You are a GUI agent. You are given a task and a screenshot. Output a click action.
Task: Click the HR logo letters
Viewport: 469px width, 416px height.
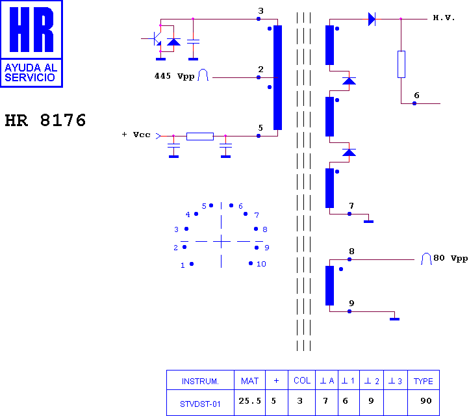(x=31, y=29)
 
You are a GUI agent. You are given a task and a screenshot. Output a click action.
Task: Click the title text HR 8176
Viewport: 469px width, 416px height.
(x=45, y=120)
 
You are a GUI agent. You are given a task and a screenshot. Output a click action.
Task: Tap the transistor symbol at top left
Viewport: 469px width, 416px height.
(x=156, y=38)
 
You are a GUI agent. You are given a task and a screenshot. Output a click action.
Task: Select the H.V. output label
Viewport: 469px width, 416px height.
(x=444, y=18)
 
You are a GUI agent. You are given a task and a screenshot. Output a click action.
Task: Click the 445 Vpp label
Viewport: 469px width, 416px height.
(x=174, y=76)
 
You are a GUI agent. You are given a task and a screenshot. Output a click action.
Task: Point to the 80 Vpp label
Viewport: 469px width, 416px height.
(x=450, y=258)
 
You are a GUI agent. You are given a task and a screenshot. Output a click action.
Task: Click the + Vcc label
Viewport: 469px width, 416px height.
(x=136, y=135)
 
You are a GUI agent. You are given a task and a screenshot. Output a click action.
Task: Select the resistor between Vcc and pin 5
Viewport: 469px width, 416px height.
(x=200, y=136)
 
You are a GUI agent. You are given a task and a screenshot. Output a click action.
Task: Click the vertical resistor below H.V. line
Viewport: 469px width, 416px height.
(x=401, y=64)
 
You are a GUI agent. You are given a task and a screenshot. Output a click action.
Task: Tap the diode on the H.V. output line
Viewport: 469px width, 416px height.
(x=372, y=19)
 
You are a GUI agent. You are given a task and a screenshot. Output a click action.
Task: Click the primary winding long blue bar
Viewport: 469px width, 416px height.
(x=277, y=77)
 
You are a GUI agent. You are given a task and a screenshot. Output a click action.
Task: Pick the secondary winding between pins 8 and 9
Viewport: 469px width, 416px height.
(x=329, y=285)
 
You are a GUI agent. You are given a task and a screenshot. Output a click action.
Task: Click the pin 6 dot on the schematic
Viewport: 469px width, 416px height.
(x=414, y=103)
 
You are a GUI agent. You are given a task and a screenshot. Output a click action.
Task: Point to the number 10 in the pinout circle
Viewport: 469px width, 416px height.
(x=261, y=264)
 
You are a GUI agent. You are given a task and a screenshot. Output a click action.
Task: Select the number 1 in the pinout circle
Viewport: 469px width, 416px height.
(x=183, y=265)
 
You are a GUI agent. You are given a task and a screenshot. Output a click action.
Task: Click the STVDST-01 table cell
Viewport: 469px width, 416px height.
(x=200, y=404)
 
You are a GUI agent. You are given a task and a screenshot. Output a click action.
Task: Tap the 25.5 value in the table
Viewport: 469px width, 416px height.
(x=249, y=401)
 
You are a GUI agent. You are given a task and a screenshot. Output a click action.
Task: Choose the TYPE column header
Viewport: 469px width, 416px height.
(x=424, y=381)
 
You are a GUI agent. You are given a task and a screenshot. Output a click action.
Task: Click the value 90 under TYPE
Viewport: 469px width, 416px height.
(x=426, y=401)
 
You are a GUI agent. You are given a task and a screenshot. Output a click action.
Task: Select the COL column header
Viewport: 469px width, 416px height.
(x=302, y=380)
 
